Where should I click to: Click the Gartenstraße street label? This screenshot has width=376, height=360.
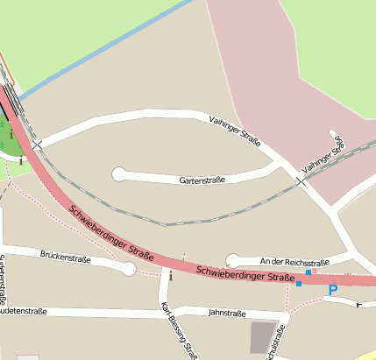(x=202, y=180)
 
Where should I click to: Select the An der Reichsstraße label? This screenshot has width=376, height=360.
(x=295, y=261)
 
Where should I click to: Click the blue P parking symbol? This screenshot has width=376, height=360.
(x=332, y=290)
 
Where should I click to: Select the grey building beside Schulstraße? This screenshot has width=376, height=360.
(x=262, y=337)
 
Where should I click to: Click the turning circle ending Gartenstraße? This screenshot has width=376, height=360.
(x=119, y=174)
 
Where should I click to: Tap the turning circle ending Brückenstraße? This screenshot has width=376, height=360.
(x=129, y=269)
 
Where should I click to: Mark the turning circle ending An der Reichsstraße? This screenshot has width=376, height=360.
(x=232, y=260)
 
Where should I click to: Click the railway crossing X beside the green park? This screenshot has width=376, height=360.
(x=37, y=144)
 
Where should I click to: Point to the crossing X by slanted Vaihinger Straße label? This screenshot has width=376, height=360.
(x=301, y=181)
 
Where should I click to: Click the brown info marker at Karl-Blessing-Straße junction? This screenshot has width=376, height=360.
(x=171, y=276)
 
